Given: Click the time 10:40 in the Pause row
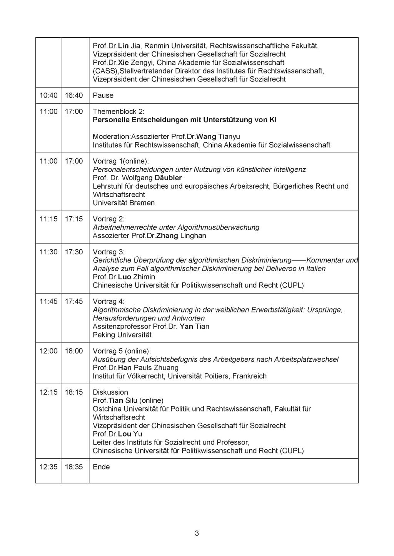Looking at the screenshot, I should (x=48, y=95).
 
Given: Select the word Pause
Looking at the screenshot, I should (x=103, y=95).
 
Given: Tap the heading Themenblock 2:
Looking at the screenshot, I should (x=119, y=111).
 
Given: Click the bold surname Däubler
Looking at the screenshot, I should (x=168, y=178).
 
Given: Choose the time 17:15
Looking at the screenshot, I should (x=74, y=219).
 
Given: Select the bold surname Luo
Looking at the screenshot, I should (x=125, y=277).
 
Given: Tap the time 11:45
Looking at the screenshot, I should (x=48, y=302).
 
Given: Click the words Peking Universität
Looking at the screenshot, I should (x=122, y=335).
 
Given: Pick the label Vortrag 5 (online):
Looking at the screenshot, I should (x=122, y=351).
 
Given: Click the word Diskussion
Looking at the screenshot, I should (x=110, y=392).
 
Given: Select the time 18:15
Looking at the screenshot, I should (x=74, y=392).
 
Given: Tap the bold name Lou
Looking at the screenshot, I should (x=125, y=434).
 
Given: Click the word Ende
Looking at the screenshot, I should (x=101, y=467).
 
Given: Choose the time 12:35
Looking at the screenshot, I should (x=48, y=467).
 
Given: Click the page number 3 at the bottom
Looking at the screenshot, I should (x=197, y=533).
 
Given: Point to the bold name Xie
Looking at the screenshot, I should (x=124, y=63).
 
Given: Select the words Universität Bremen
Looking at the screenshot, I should (x=124, y=203).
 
